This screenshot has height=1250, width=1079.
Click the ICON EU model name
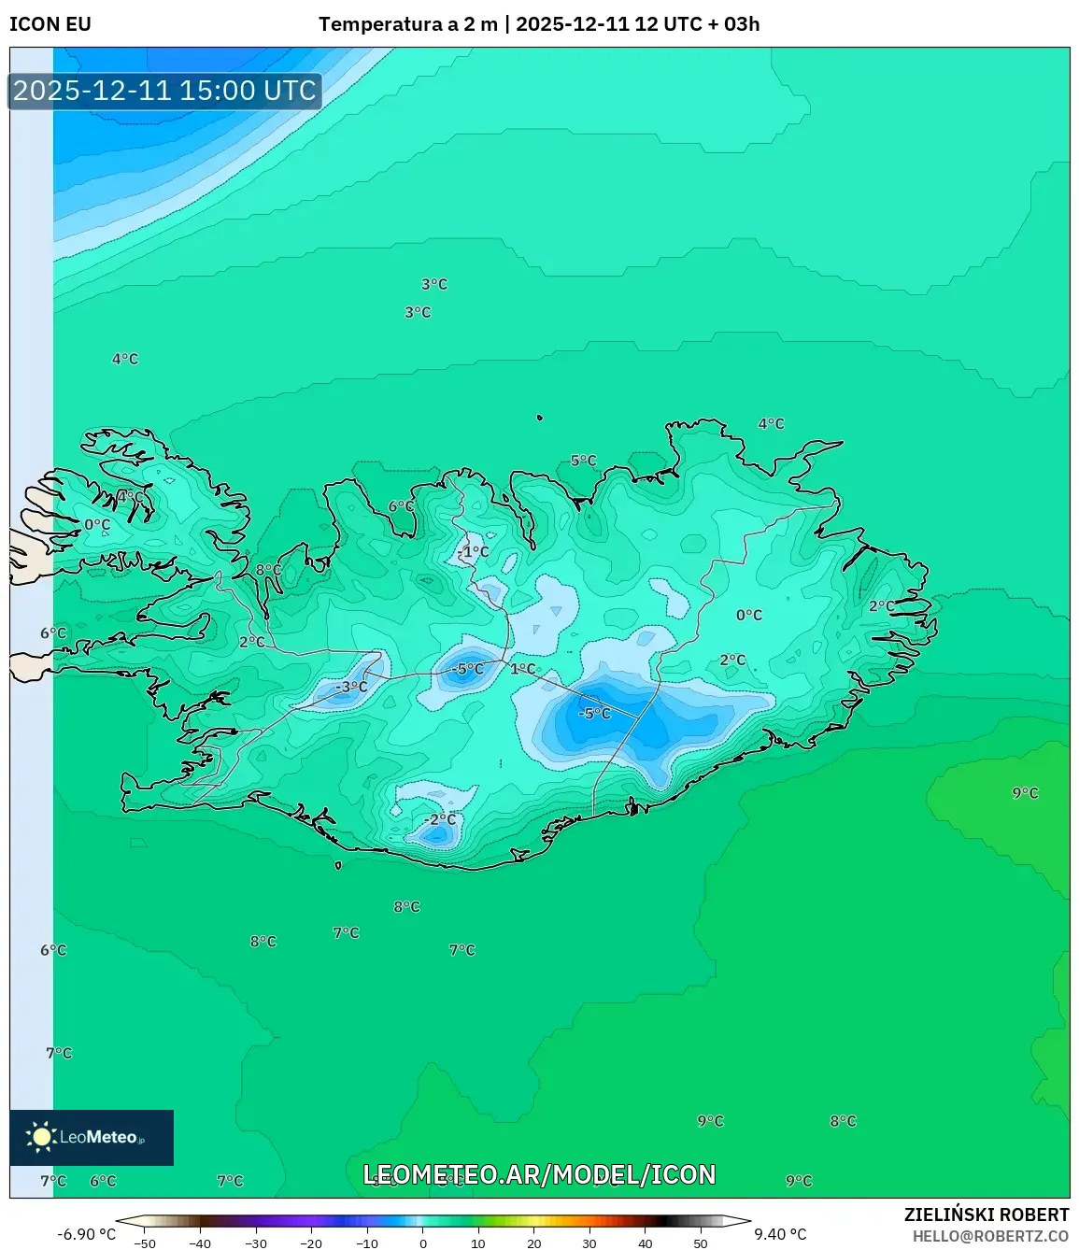50,24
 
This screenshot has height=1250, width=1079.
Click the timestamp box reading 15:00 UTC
165,91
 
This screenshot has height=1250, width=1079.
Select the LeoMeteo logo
91,1137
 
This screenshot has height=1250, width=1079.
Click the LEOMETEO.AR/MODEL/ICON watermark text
539,1174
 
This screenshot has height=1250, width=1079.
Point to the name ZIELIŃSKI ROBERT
986,1214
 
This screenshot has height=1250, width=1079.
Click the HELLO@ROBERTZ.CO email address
990,1236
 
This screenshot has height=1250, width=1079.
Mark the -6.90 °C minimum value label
87,1234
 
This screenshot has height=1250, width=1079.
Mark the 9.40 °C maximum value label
780,1234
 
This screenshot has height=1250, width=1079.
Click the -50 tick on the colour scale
145,1243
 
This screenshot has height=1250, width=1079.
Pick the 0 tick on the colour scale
423,1243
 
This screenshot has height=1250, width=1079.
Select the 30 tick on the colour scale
589,1243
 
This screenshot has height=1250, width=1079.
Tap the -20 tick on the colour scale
311,1243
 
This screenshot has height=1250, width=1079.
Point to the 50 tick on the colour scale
701,1243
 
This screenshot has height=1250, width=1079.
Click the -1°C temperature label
475,551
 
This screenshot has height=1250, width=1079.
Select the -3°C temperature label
351,687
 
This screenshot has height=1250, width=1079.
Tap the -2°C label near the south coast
440,819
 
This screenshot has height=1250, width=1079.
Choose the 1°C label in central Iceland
523,669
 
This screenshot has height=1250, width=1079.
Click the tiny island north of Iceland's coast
540,419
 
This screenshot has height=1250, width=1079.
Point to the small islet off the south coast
338,865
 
